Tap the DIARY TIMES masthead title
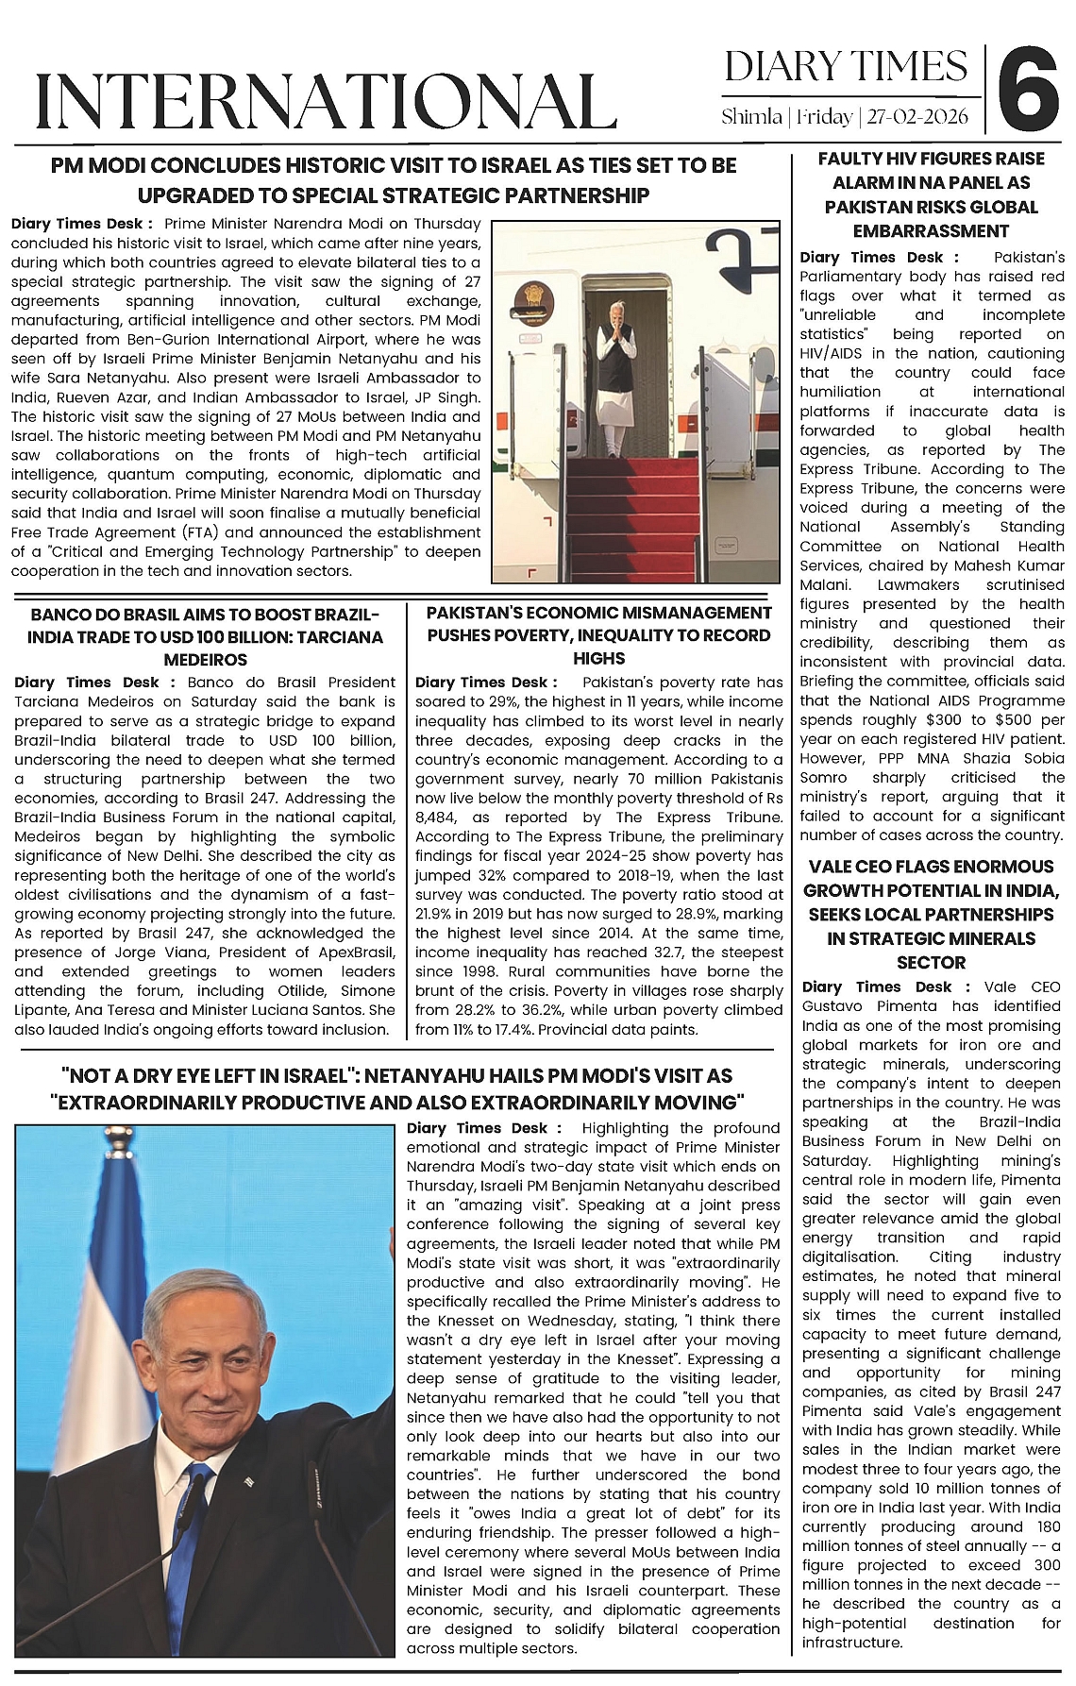point(846,67)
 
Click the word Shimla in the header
point(751,117)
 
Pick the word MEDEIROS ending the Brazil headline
point(205,660)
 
